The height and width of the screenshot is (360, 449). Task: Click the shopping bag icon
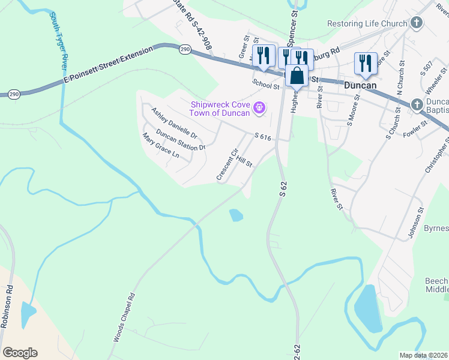click(297, 76)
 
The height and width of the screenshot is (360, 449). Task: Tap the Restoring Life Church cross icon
click(417, 24)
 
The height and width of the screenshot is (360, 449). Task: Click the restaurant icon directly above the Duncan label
click(365, 62)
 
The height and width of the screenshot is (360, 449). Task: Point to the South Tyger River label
click(59, 40)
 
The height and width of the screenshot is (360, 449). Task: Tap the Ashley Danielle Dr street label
click(174, 122)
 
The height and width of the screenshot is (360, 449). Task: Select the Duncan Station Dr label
click(181, 139)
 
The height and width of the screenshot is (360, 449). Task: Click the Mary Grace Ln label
click(161, 146)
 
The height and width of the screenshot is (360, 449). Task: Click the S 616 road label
click(263, 138)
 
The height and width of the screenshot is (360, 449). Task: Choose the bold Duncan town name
click(360, 85)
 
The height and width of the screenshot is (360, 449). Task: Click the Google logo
click(20, 353)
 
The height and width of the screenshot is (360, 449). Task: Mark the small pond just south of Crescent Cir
click(236, 214)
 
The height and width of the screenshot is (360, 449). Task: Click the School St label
click(266, 86)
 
